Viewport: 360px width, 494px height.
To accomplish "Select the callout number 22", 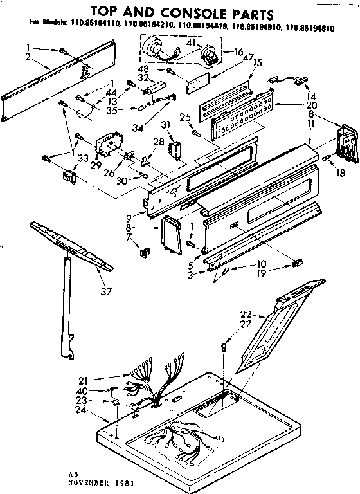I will (x=244, y=313).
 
